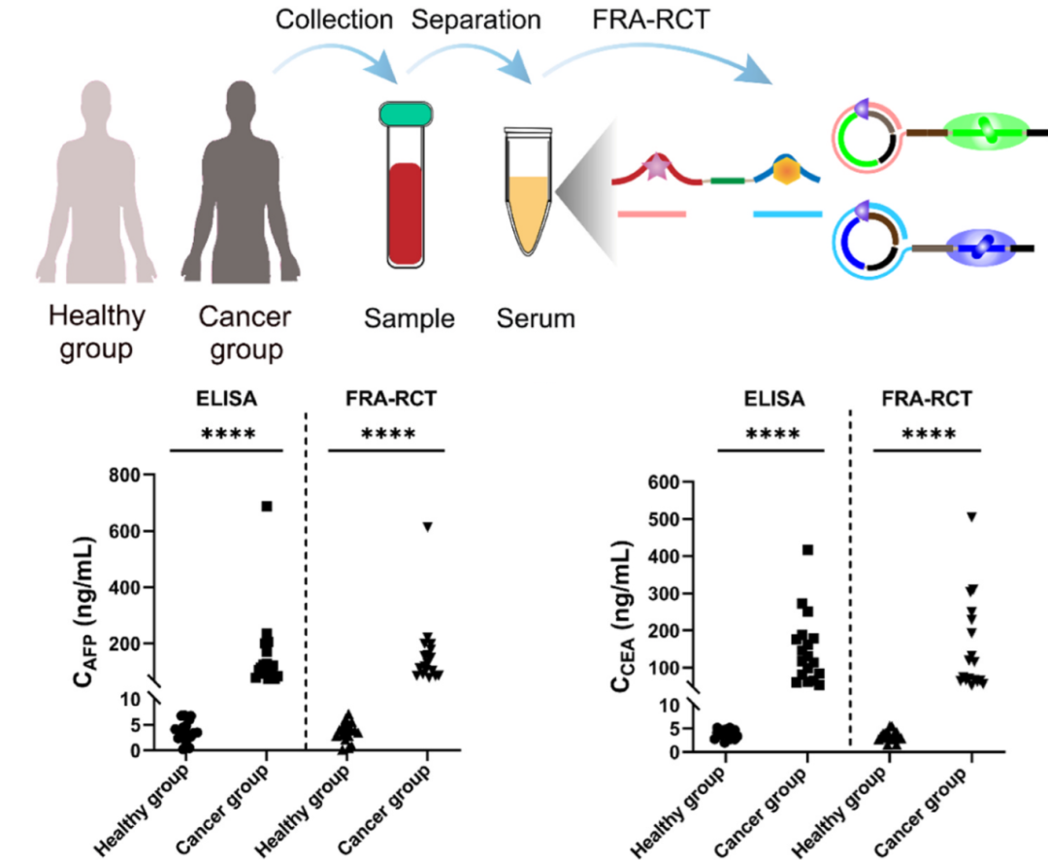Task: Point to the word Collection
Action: [334, 18]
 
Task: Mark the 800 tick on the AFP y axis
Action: [146, 475]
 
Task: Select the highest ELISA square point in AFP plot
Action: [267, 506]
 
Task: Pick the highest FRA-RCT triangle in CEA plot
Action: [971, 516]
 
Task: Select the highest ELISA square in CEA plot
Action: [807, 550]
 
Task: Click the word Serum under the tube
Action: [536, 318]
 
